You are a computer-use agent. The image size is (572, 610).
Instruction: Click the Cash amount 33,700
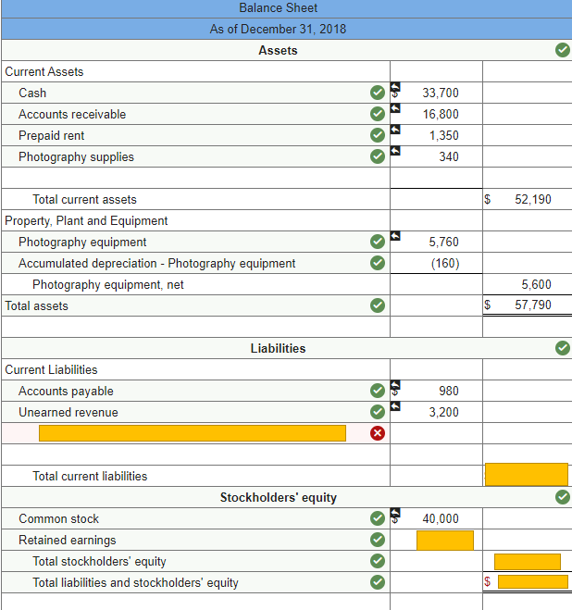click(440, 93)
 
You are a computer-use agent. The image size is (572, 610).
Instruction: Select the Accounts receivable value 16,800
click(440, 114)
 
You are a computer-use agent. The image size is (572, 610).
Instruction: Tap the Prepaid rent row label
click(52, 135)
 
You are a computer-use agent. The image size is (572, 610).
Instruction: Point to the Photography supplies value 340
click(448, 156)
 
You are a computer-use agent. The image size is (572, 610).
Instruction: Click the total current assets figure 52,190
click(533, 199)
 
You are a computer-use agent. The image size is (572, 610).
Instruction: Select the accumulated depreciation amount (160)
click(443, 263)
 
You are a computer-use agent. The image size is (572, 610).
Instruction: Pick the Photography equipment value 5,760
click(443, 242)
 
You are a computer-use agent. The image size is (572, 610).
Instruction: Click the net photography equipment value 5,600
click(536, 284)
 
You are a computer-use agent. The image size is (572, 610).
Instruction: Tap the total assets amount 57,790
click(533, 305)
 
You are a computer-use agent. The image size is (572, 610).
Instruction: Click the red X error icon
click(378, 433)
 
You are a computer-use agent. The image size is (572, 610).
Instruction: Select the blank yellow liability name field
click(192, 433)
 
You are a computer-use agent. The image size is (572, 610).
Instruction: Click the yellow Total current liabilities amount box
click(526, 474)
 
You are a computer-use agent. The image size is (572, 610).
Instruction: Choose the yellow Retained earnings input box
click(444, 540)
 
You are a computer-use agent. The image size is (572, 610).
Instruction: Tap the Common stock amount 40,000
click(440, 518)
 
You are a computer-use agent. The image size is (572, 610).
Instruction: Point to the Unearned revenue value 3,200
click(443, 412)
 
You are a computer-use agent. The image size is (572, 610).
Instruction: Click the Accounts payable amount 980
click(449, 391)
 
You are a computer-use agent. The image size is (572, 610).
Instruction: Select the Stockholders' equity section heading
click(278, 497)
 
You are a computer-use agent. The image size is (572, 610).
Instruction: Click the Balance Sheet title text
click(278, 7)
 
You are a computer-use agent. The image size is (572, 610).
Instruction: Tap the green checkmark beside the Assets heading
click(562, 50)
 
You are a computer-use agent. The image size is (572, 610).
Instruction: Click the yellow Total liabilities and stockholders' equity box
click(532, 582)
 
